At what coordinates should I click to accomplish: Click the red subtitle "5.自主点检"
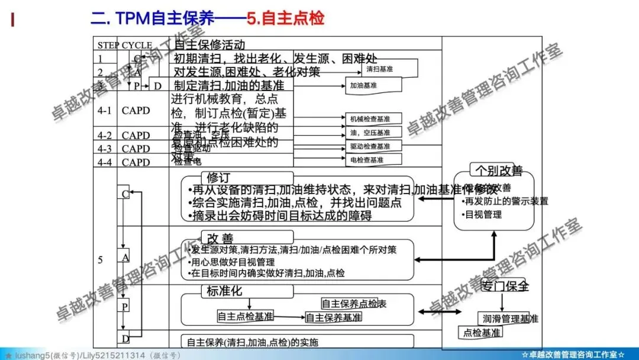(x=286, y=18)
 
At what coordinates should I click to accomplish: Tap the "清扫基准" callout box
(x=379, y=69)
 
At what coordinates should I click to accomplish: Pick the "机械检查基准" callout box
(x=370, y=119)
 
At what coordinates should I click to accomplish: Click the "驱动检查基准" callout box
(x=370, y=146)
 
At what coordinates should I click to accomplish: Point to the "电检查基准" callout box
(x=367, y=160)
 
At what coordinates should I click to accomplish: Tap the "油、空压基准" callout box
(x=370, y=133)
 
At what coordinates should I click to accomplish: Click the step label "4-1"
(x=104, y=110)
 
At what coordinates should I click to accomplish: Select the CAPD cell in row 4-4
(x=135, y=162)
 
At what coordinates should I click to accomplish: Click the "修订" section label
(x=219, y=177)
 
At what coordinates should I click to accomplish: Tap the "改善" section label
(x=220, y=238)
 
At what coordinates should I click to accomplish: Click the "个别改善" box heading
(x=499, y=171)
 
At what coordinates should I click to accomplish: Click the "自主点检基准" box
(x=246, y=316)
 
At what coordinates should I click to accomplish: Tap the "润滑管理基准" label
(x=508, y=319)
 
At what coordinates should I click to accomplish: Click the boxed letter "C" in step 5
(x=125, y=194)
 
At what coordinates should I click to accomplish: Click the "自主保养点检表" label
(x=354, y=304)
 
